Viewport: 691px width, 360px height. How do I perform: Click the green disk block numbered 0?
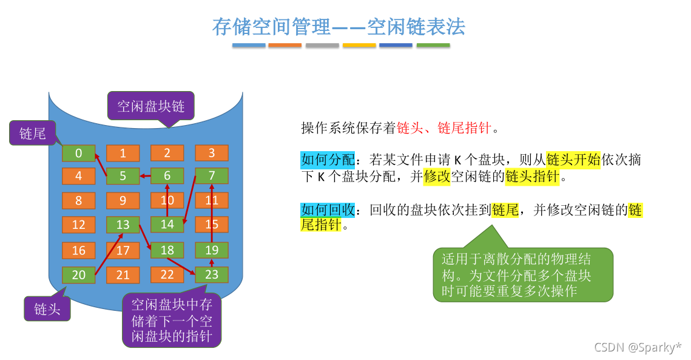[78, 153]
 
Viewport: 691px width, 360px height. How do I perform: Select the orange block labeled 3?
[211, 153]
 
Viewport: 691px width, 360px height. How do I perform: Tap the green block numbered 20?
[78, 275]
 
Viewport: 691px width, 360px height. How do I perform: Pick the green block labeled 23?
[211, 275]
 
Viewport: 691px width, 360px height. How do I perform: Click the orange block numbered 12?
[78, 225]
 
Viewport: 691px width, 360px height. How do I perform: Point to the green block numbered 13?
[123, 225]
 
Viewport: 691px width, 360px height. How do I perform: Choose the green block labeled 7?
[211, 176]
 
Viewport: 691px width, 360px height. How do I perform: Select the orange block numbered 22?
[167, 275]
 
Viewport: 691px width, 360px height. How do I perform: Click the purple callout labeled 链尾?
[33, 133]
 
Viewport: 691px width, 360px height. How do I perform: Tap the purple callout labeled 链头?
[47, 308]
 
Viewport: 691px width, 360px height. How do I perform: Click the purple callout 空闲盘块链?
[150, 106]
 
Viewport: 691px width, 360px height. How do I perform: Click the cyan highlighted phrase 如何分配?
[322, 160]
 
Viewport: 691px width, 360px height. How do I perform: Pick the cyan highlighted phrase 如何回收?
[322, 210]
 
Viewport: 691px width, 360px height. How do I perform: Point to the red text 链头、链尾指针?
[444, 128]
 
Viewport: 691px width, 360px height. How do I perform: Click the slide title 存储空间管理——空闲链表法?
[339, 26]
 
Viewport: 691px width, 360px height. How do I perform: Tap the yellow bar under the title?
[359, 45]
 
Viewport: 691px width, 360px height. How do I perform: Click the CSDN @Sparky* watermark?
[638, 347]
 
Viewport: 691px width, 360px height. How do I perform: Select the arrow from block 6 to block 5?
[145, 176]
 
